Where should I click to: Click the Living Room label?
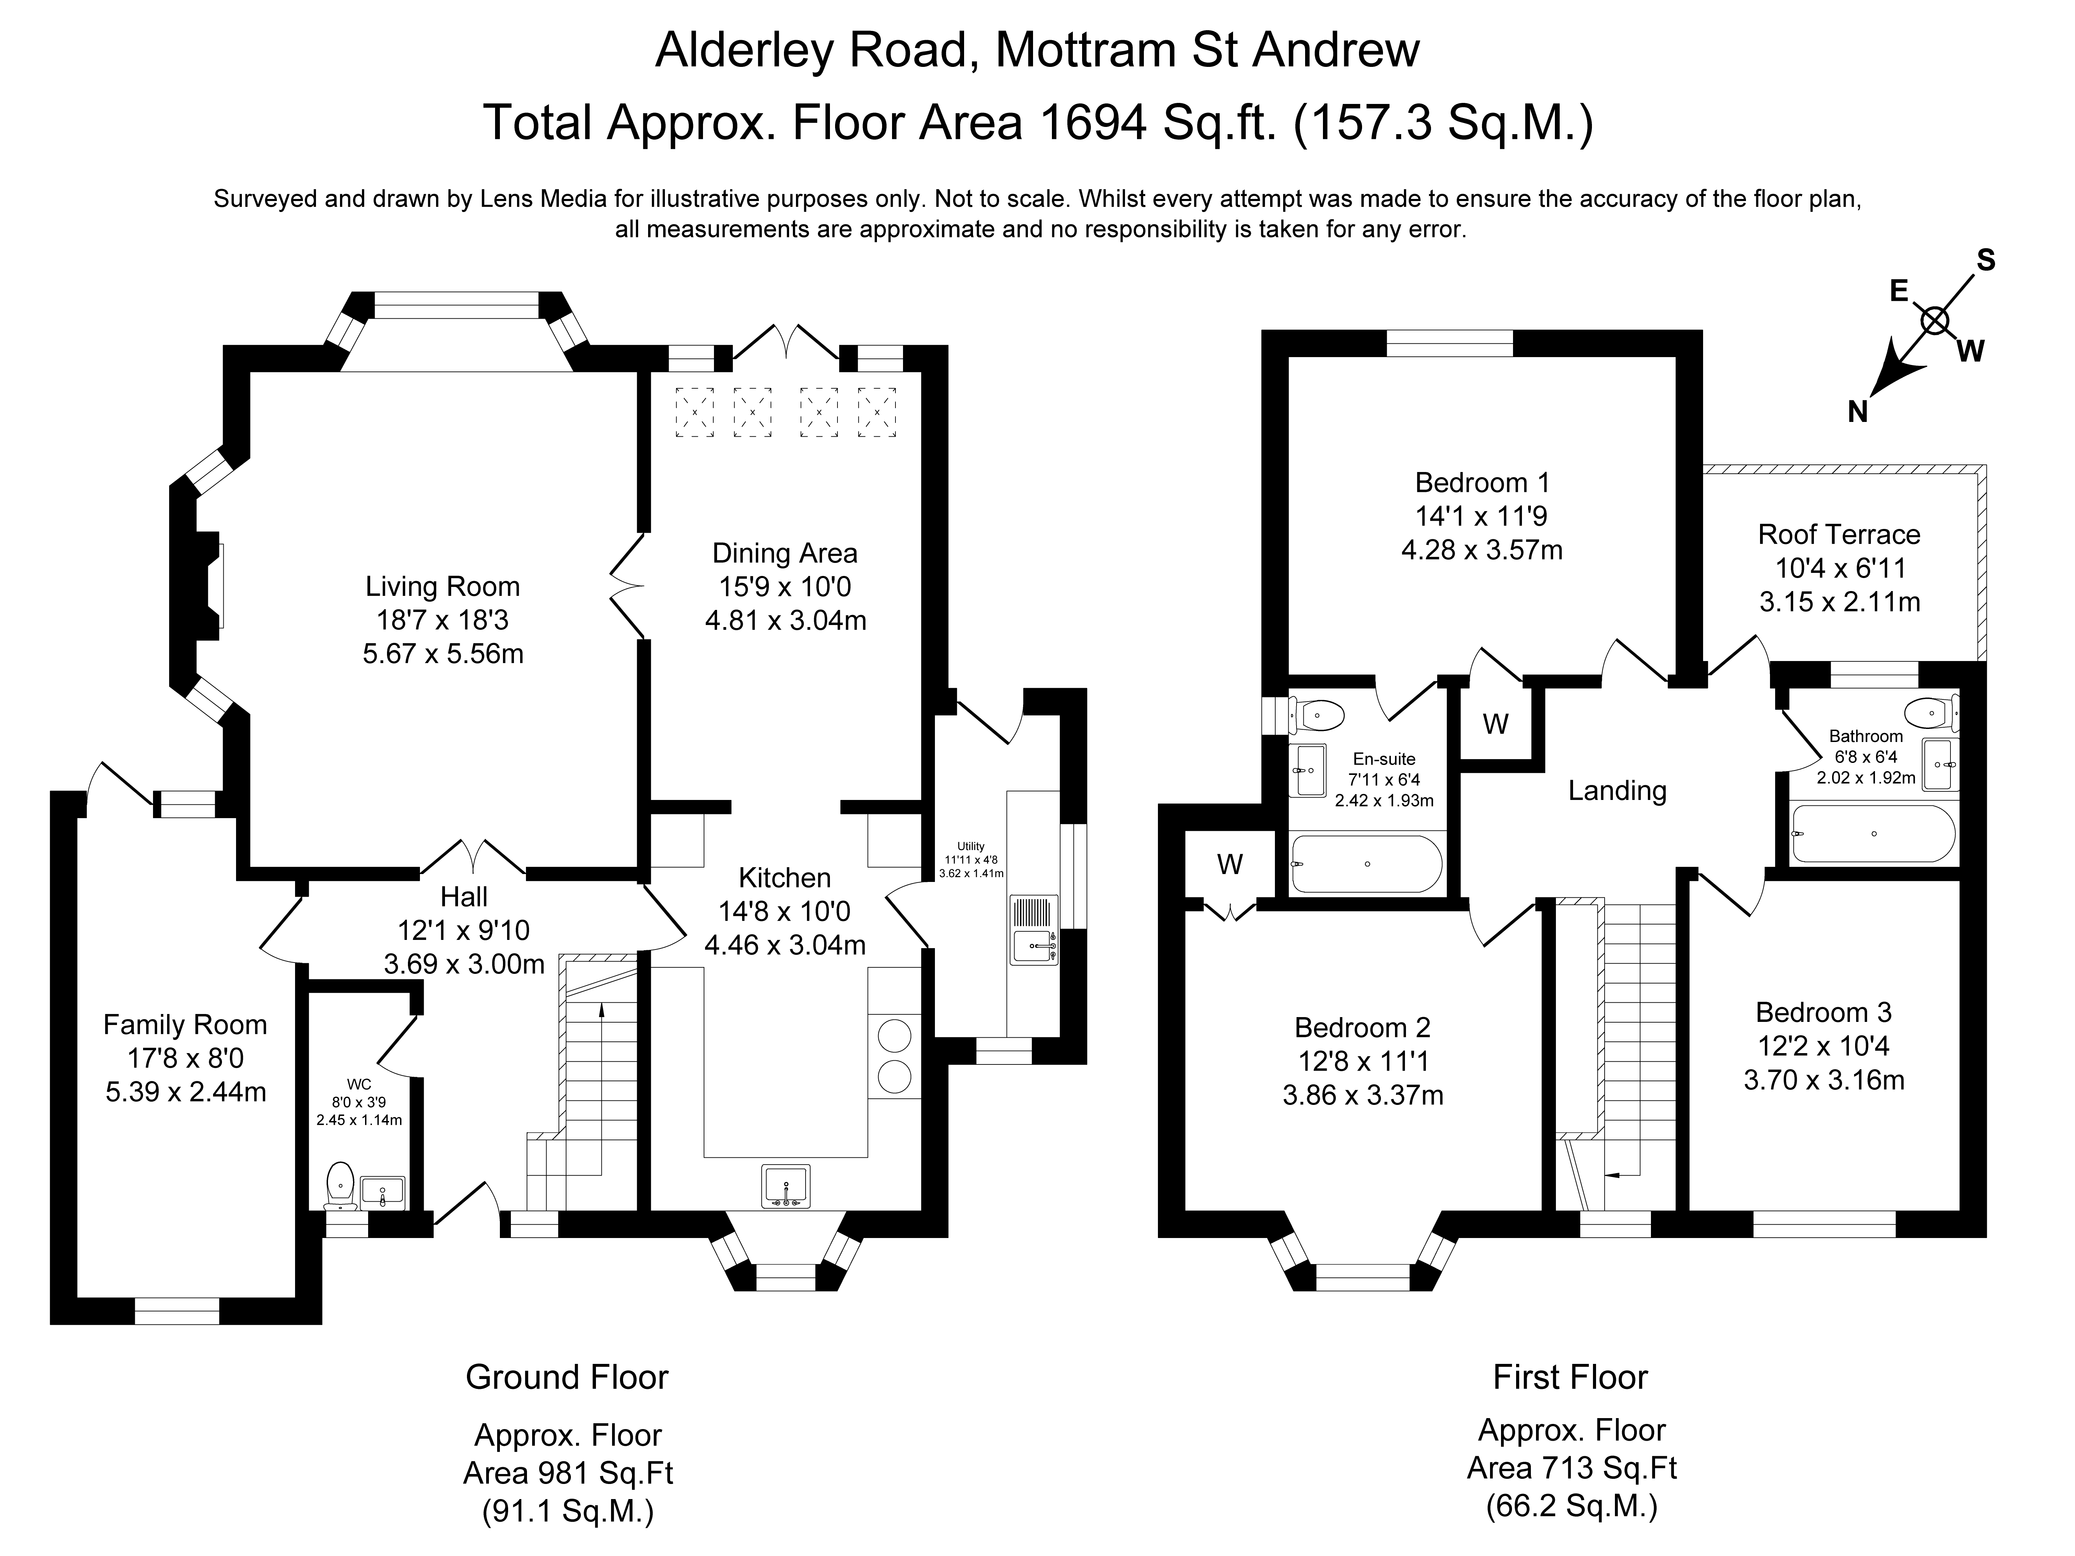(442, 587)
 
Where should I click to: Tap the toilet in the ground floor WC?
(340, 1186)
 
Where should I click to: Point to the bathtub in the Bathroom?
(1873, 833)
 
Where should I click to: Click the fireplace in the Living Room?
(208, 581)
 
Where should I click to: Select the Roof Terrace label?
(1839, 534)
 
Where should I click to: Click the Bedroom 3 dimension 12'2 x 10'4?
(1824, 1046)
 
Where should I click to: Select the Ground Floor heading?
(566, 1377)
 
